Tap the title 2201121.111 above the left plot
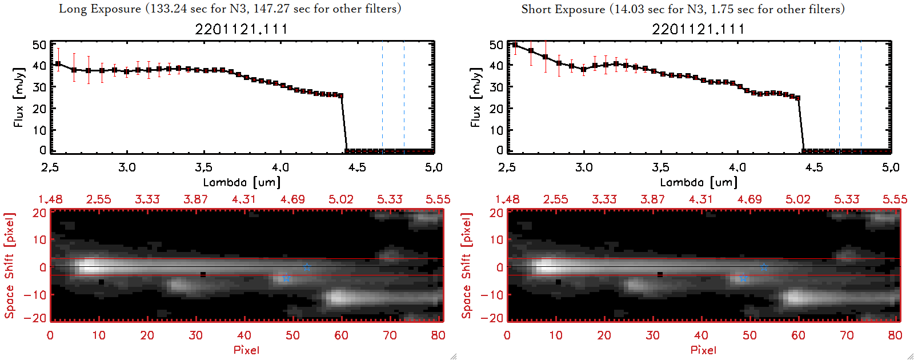point(241,29)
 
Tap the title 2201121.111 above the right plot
point(698,29)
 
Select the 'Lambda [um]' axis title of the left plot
point(242,182)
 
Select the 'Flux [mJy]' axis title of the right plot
point(475,97)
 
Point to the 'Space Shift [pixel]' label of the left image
point(9,265)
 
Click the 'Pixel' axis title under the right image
point(703,350)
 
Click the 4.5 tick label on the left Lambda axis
point(357,167)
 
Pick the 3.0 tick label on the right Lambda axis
point(584,167)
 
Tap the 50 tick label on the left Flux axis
point(39,45)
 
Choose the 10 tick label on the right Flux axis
point(496,130)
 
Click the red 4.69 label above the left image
point(292,199)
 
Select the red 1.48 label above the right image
point(507,199)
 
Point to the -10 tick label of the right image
point(492,294)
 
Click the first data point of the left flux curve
point(58,64)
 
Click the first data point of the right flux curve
point(515,45)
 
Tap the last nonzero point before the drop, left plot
point(341,95)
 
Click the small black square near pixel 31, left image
point(203,275)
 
